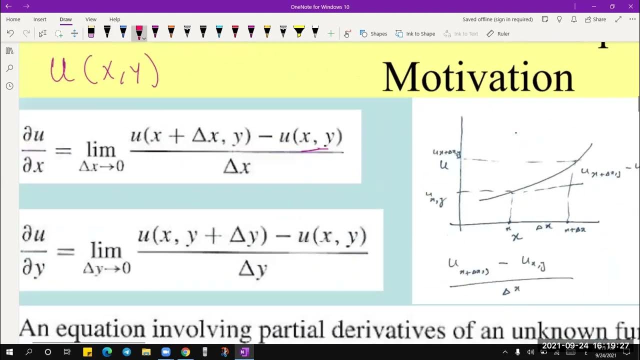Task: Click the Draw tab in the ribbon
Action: [65, 19]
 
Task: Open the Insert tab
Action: [40, 19]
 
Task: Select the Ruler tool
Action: [498, 33]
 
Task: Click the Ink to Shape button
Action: [415, 33]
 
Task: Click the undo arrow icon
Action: [10, 33]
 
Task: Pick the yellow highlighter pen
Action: [299, 32]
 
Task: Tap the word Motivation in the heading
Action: [478, 77]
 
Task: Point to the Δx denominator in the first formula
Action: [236, 166]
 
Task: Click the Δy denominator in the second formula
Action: [252, 270]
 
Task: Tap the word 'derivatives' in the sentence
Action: [387, 330]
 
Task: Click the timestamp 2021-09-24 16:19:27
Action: [585, 346]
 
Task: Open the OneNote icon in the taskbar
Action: [243, 352]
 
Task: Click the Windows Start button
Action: [9, 352]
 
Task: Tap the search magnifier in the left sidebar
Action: [9, 68]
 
